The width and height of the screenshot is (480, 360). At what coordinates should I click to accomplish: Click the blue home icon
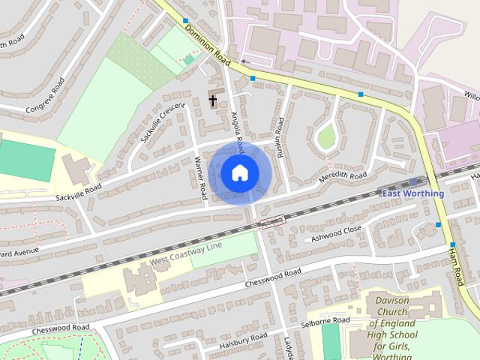pos(239,172)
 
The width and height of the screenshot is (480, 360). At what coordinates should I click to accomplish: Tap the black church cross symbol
pos(213,100)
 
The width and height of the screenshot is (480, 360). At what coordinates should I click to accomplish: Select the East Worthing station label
pos(412,193)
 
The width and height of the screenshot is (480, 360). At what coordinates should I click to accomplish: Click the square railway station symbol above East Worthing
pos(413,181)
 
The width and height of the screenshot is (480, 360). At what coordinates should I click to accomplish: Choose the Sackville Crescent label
pos(162,124)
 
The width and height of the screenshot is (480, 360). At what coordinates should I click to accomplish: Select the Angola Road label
pos(237,130)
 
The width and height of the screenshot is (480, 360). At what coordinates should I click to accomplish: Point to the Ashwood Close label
pos(337,233)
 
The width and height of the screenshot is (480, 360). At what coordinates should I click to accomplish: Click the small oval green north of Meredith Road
pos(325,136)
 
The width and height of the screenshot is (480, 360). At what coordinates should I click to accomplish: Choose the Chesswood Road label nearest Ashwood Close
pos(273,278)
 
